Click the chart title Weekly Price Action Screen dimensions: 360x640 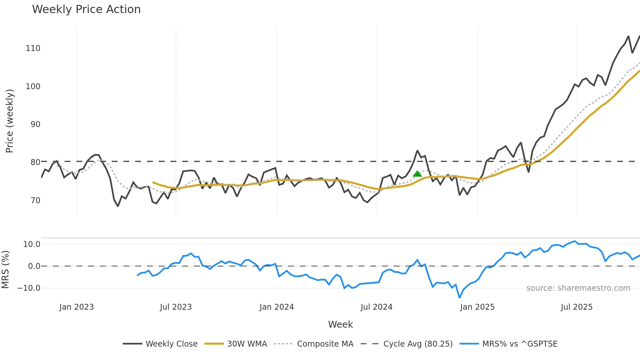[x=86, y=9]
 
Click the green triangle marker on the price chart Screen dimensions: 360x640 [x=417, y=174]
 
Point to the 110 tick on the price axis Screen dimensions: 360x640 [x=33, y=48]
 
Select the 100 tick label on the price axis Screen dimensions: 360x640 [x=33, y=87]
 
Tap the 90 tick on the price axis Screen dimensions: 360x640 [x=35, y=124]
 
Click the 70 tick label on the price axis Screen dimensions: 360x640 [x=35, y=201]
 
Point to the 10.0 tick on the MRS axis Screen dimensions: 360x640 [x=32, y=244]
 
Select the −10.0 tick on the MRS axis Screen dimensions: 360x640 [x=29, y=288]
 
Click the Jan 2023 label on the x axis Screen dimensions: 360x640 [x=76, y=307]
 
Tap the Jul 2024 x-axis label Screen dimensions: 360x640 [x=376, y=307]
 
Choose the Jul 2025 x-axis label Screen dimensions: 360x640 [x=577, y=307]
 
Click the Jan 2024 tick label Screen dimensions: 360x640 [x=277, y=307]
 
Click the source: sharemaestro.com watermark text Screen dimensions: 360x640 [x=578, y=288]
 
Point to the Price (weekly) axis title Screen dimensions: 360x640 [x=9, y=121]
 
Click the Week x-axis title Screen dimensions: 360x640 [x=340, y=324]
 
